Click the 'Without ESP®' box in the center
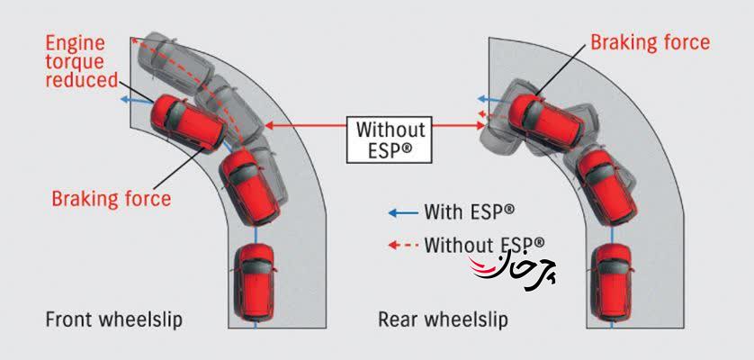(x=389, y=139)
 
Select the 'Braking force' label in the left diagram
(x=112, y=198)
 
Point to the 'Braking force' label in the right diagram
(x=650, y=41)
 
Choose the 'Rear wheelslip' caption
(x=443, y=319)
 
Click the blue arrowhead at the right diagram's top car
(x=482, y=98)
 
